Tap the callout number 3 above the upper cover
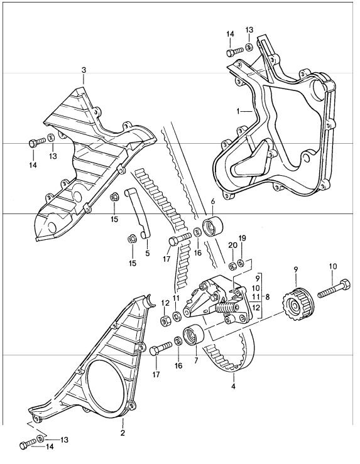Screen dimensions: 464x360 tap(84, 70)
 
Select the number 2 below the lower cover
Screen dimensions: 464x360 tap(122, 433)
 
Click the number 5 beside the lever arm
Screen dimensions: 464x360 tap(148, 254)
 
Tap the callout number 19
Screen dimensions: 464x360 tap(243, 238)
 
